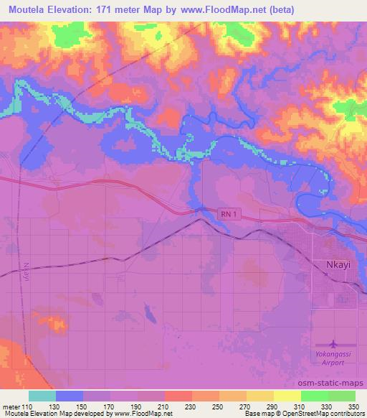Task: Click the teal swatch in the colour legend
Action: tap(42, 396)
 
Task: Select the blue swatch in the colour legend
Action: tap(70, 396)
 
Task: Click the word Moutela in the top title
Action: tap(27, 8)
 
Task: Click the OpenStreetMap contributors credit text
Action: tap(323, 414)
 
